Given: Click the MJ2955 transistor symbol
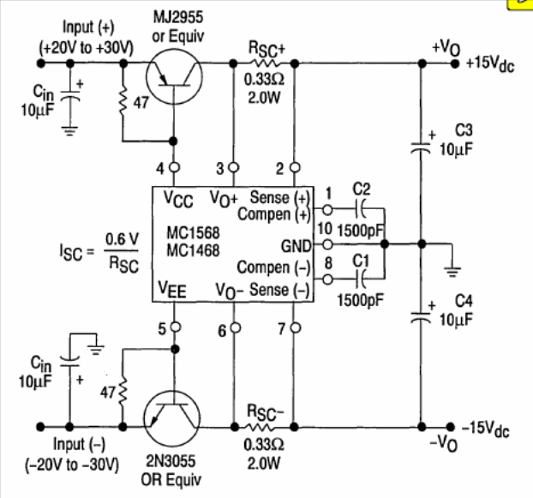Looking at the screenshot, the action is (174, 76).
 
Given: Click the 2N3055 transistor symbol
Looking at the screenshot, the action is (172, 418).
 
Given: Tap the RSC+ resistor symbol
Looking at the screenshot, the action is (265, 63).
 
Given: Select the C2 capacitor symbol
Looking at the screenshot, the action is (360, 209).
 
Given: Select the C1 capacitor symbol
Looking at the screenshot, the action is (360, 279).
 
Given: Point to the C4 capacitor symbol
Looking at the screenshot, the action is (421, 317).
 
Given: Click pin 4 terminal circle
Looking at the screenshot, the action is (174, 167).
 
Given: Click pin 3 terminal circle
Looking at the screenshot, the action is (234, 167).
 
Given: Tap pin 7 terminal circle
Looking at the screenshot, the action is (295, 327).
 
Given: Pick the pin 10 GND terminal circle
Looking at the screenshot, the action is (327, 244).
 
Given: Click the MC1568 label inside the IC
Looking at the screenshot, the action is (193, 233).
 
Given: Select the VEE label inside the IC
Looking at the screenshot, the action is (172, 290).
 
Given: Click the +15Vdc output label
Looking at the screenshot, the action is (490, 64).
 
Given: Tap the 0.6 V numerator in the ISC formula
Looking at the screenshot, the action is (122, 239).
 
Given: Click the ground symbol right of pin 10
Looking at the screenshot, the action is (452, 271).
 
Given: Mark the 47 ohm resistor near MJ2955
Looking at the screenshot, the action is (123, 101).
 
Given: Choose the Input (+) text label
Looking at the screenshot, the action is (88, 27).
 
